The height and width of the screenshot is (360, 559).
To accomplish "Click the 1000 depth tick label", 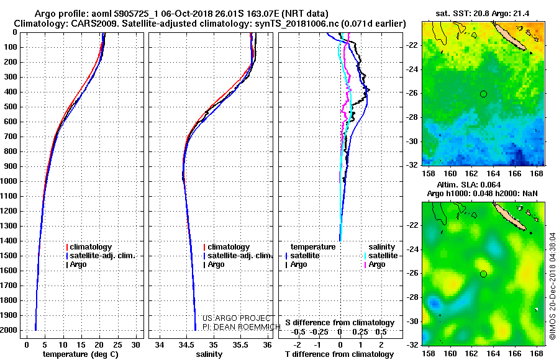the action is [x=9, y=181].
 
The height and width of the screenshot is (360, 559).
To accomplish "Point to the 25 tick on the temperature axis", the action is [x=117, y=344].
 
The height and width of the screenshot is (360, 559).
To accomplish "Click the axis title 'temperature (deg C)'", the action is [x=81, y=354].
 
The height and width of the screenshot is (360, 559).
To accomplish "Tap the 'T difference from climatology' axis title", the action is [x=339, y=354].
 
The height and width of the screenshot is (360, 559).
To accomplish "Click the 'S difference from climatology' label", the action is [x=340, y=323].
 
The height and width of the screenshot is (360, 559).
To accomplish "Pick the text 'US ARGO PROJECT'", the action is [x=237, y=318].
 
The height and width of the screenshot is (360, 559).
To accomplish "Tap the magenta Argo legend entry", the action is [x=375, y=264].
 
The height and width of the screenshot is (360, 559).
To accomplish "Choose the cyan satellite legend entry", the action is [x=381, y=256].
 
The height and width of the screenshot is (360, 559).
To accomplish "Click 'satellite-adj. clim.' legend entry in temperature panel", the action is [x=101, y=256].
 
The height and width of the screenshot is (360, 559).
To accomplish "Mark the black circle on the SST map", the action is [x=483, y=94].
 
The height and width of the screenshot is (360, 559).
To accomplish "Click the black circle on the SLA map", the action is [x=483, y=274].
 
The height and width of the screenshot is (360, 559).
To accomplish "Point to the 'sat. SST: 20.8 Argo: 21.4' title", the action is [x=483, y=14].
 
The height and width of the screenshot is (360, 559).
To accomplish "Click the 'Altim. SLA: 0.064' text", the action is [x=468, y=184].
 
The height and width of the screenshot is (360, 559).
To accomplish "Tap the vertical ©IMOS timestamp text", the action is [x=552, y=286].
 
